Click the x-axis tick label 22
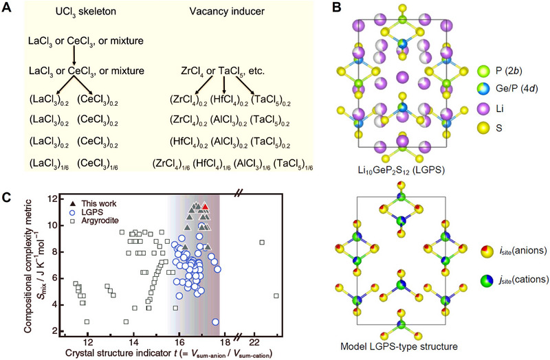(254, 341)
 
